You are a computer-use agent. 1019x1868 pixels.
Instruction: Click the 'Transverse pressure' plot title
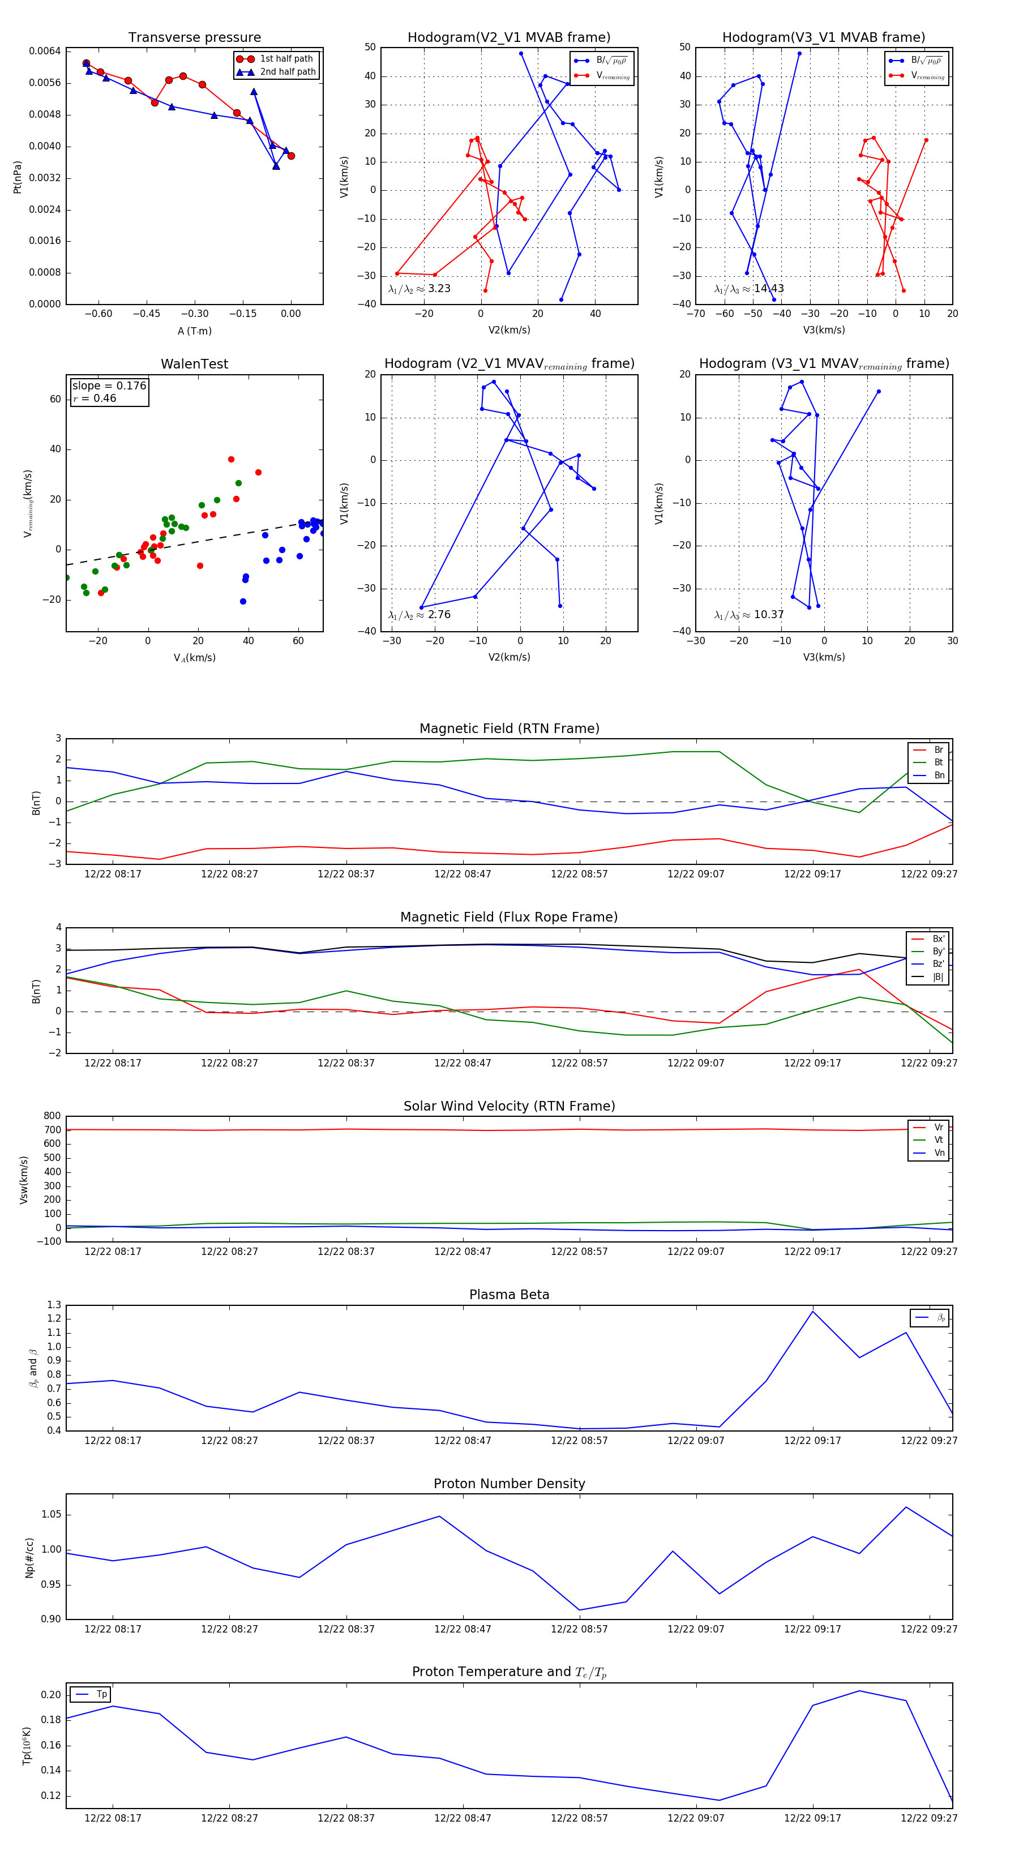coord(194,38)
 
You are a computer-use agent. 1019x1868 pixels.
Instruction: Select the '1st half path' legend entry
coord(286,59)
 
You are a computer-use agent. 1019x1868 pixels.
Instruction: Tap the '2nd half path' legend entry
coord(287,72)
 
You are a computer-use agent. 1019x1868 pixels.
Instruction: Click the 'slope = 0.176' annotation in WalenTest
coord(109,386)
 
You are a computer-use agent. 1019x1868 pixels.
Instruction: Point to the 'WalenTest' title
coord(194,364)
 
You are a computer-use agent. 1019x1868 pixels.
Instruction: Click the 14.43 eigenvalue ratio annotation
coord(768,289)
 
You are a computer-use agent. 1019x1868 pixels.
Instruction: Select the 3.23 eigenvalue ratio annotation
coord(439,289)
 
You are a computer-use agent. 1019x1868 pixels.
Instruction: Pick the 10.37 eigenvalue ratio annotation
coord(768,615)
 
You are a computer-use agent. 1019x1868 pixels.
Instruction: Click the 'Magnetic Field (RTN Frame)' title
coord(509,729)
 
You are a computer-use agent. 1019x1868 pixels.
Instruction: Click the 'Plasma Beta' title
coord(509,1295)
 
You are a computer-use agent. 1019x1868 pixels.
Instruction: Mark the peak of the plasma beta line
coord(812,1311)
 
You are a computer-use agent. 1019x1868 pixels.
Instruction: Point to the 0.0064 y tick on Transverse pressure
coord(45,51)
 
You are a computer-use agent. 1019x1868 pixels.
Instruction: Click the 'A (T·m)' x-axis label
coord(194,331)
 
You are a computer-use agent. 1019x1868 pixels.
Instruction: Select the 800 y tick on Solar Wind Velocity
coord(52,1116)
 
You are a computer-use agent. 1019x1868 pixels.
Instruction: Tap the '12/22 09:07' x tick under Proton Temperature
coord(696,1818)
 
